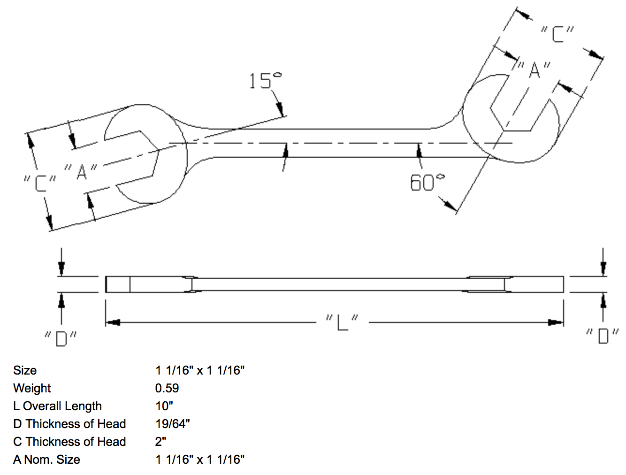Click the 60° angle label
tap(427, 183)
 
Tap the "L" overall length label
tap(342, 322)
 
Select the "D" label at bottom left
tap(61, 338)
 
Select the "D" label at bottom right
tap(603, 336)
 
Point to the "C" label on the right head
tap(557, 34)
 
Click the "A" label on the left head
tap(81, 172)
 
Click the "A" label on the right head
tap(534, 70)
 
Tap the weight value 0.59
tap(167, 388)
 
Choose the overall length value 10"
tap(164, 406)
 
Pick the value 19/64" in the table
tap(173, 424)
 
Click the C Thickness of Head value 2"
tap(161, 442)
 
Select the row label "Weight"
tap(32, 388)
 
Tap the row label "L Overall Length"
tap(57, 406)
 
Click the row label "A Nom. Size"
tap(46, 460)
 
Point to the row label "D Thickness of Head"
tap(69, 424)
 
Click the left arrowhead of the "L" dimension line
tap(113, 322)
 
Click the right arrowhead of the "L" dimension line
tap(557, 322)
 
